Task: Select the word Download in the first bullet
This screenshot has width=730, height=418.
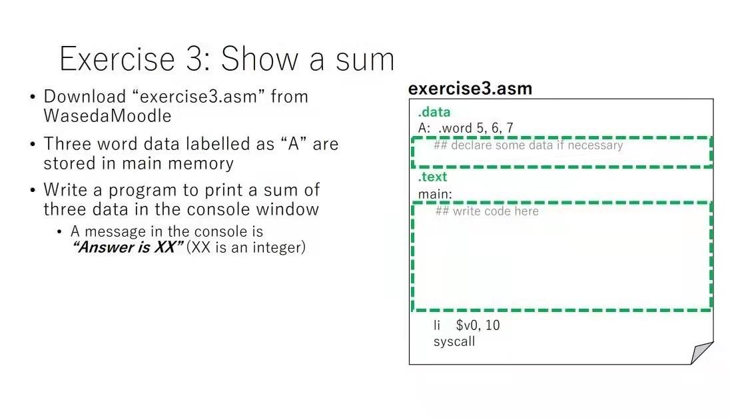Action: tap(84, 97)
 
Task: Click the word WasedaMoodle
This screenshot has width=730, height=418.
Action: tap(107, 116)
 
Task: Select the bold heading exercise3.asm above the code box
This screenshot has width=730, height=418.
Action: tap(470, 89)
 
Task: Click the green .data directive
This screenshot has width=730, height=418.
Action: tap(434, 112)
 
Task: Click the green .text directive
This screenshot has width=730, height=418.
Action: tap(432, 177)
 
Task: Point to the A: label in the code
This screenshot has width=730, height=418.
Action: tap(424, 128)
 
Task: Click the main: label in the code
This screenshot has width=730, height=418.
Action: tap(435, 194)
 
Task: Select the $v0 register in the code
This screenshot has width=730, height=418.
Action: tap(469, 325)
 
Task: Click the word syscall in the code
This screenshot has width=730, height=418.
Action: tap(454, 341)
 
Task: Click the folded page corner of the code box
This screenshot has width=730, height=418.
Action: tap(700, 352)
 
